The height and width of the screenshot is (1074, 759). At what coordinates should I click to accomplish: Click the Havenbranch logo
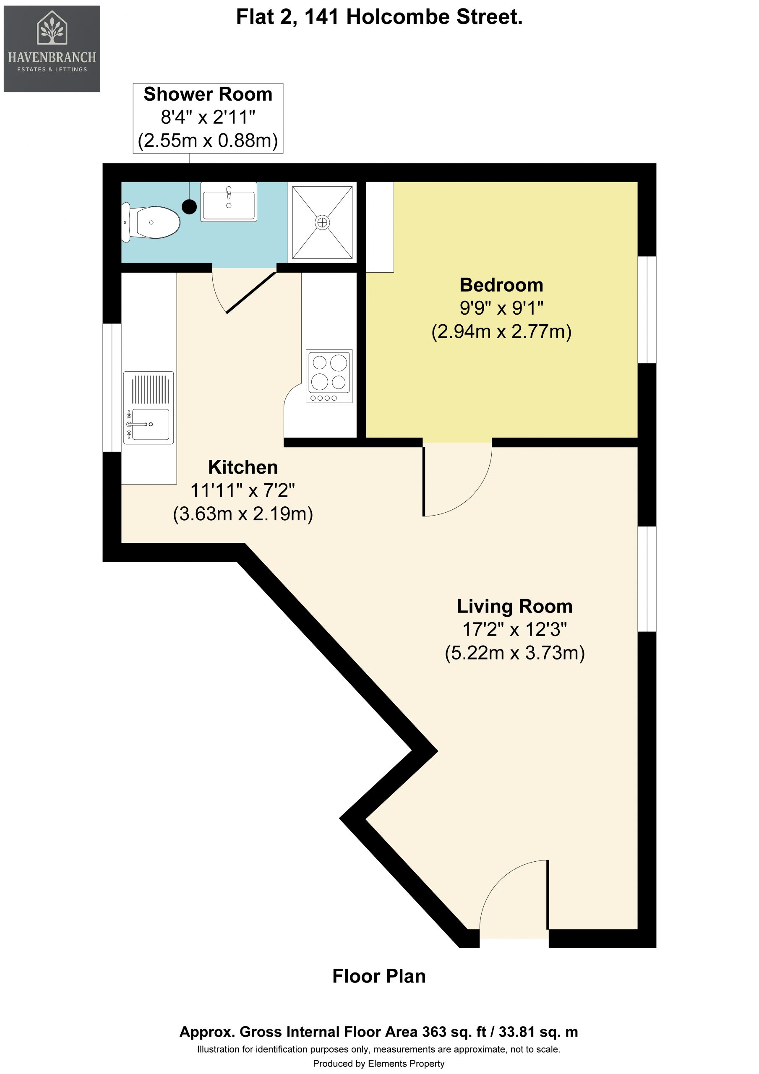coord(52,49)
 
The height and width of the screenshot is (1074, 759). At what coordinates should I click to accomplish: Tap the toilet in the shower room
coord(151,222)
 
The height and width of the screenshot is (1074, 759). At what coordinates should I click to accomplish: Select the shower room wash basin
coord(229,202)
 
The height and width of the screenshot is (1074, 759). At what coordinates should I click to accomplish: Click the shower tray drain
coord(322,222)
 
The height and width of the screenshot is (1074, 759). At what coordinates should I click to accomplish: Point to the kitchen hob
coord(329,375)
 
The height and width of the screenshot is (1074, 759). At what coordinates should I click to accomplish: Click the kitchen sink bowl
coord(150,424)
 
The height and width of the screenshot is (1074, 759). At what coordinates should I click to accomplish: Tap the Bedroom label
coord(501,285)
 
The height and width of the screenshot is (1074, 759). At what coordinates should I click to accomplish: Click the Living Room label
coord(515,606)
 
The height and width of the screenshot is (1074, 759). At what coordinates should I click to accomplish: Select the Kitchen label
coord(243,467)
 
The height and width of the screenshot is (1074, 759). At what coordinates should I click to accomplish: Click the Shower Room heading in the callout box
coord(208,94)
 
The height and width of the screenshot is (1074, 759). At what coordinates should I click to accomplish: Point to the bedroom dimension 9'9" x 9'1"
coord(501,308)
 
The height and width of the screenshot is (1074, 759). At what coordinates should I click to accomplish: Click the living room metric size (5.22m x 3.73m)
coord(515,652)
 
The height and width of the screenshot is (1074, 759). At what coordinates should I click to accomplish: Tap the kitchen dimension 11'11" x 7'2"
coord(243,490)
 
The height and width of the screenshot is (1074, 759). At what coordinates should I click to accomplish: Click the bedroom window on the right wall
coord(647,310)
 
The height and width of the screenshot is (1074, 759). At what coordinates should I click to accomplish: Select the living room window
coord(647,579)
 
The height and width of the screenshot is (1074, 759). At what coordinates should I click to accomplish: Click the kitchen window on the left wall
coord(112,388)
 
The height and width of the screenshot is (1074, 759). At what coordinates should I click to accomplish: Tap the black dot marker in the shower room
coord(189,206)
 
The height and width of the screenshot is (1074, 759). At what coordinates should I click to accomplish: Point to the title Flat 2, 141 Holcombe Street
coord(379,17)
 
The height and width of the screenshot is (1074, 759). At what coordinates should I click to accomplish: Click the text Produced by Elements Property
coord(378,1063)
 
